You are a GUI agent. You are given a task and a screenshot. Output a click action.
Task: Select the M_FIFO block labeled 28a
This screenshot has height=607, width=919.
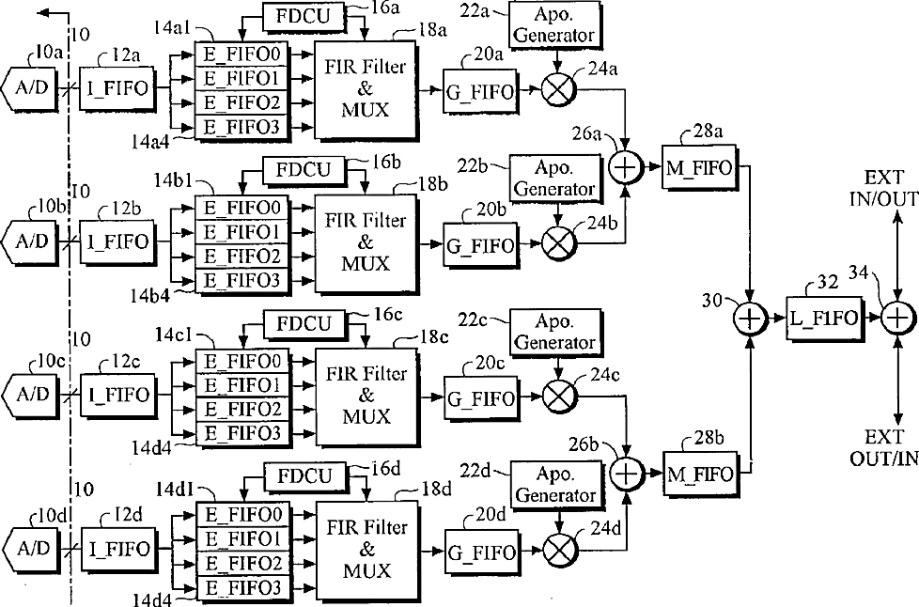pyautogui.click(x=701, y=166)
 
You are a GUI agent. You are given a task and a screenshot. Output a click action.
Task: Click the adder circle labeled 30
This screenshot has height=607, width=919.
pyautogui.click(x=751, y=319)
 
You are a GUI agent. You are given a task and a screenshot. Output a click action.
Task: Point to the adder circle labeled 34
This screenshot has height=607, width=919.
pyautogui.click(x=897, y=319)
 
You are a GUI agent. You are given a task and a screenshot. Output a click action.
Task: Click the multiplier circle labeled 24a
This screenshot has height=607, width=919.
pyautogui.click(x=558, y=91)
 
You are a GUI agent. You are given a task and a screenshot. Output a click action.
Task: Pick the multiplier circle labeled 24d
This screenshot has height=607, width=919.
pyautogui.click(x=558, y=550)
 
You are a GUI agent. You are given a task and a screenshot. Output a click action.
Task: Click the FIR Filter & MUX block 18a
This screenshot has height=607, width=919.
pyautogui.click(x=367, y=91)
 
